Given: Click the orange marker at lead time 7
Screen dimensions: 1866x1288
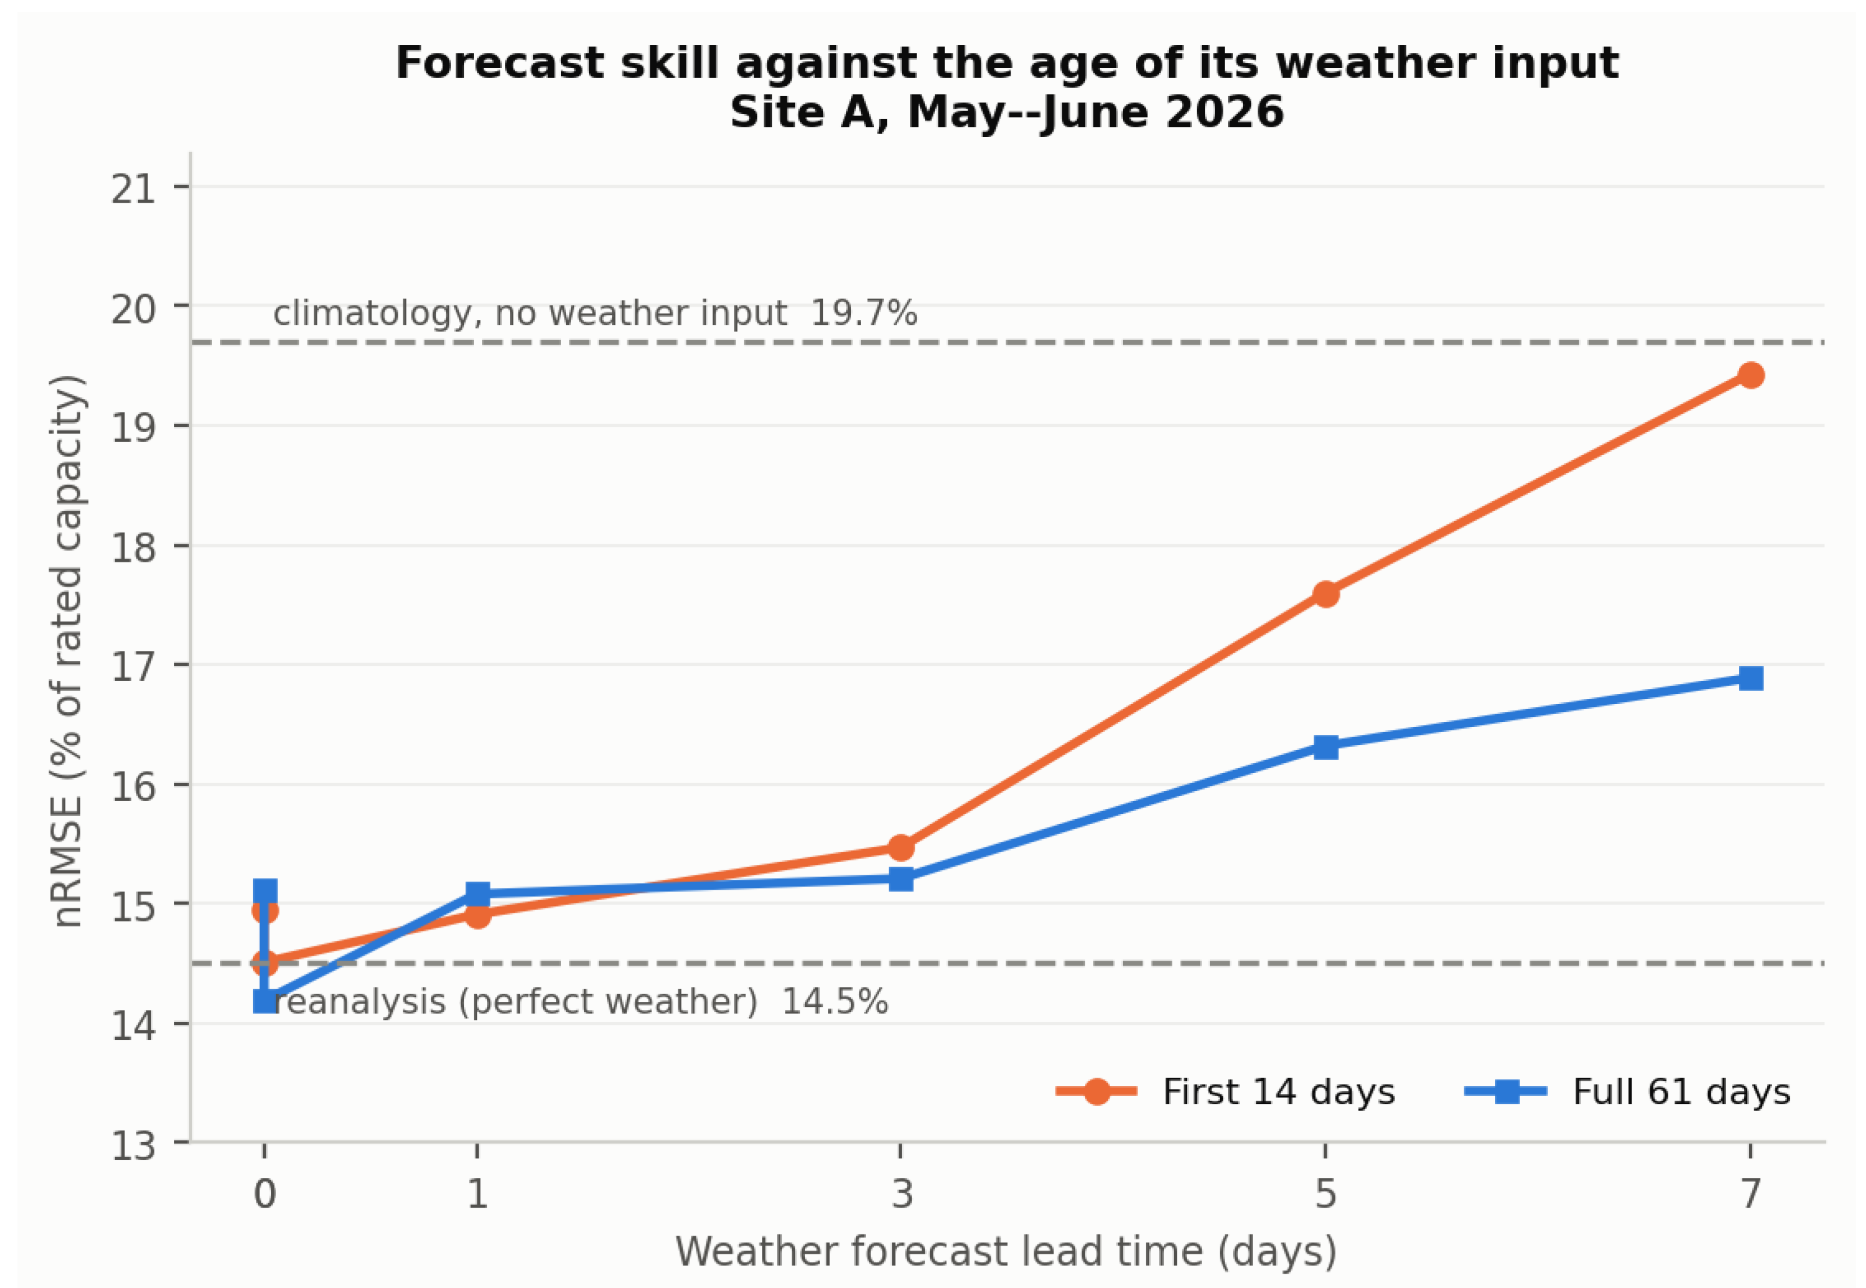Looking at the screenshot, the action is pos(1750,375).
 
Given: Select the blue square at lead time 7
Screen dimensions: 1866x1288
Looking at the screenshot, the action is pos(1750,678).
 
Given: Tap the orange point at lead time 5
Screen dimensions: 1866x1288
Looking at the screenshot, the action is pos(1325,595).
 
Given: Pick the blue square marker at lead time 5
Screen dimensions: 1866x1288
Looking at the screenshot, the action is pos(1325,746).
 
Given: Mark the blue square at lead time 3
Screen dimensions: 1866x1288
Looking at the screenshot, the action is pos(901,879).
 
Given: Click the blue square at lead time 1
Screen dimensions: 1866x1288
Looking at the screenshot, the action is pos(477,893).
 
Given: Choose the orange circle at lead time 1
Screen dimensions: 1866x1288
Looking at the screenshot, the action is pos(477,915).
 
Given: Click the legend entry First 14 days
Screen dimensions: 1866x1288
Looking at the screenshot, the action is pos(1226,1092).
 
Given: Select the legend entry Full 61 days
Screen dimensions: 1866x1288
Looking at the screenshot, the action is pos(1628,1092).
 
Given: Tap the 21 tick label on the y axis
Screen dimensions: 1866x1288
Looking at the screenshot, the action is pos(133,190).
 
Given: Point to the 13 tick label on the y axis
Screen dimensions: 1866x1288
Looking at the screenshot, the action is pos(133,1146).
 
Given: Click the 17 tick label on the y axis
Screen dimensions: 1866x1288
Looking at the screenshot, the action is pos(133,668).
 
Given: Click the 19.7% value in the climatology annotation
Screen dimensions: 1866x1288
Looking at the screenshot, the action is pos(863,313).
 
